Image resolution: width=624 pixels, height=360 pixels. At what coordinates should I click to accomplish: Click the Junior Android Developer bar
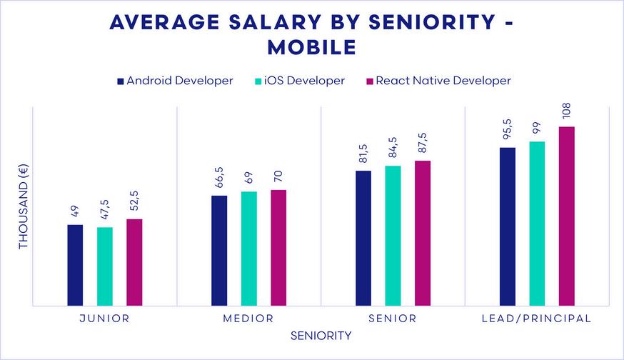[75, 265]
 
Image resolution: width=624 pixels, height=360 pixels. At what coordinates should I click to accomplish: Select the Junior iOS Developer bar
[105, 266]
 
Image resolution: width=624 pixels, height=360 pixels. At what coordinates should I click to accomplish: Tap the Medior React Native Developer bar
[278, 248]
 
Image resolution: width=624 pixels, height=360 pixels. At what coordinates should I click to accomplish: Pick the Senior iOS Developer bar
[393, 236]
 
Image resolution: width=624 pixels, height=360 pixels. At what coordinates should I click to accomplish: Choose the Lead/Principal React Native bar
[566, 216]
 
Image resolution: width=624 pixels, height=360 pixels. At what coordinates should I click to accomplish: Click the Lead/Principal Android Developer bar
[508, 226]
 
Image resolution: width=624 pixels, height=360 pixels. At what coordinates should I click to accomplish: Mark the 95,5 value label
[508, 129]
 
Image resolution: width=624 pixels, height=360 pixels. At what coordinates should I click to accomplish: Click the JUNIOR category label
[104, 319]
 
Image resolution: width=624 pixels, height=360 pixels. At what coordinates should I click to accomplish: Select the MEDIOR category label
[248, 319]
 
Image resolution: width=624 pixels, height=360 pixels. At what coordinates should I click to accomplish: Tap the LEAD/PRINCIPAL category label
[537, 319]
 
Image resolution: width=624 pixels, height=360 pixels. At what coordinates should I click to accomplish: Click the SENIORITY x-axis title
[321, 336]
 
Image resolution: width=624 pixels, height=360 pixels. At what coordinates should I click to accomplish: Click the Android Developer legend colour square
[120, 81]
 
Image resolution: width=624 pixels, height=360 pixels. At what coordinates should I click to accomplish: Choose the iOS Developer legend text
[304, 81]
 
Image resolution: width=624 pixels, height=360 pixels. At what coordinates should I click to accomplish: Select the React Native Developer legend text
[444, 81]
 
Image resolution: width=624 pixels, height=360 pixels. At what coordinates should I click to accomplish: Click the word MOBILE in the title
[311, 47]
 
